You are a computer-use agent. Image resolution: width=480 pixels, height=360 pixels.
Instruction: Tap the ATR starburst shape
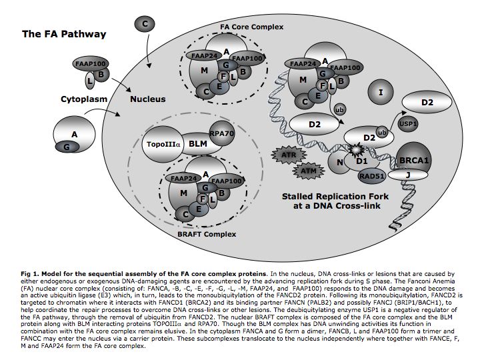click(x=285, y=155)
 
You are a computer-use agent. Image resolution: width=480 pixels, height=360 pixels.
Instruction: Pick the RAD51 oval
click(x=372, y=176)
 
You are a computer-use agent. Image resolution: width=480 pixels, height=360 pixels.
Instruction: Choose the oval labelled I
click(x=380, y=92)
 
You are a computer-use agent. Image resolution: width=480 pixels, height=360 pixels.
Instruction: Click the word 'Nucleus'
click(x=147, y=100)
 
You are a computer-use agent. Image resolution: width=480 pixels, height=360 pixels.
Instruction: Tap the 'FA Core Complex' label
click(x=251, y=27)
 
